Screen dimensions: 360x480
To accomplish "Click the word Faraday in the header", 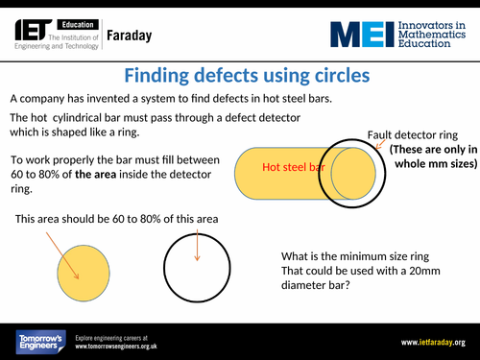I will [x=130, y=37].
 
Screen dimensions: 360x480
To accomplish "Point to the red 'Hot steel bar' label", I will [x=294, y=168].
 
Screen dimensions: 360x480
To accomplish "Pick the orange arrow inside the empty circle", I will [x=196, y=245].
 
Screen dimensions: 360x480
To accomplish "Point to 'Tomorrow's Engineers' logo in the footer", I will [x=38, y=343].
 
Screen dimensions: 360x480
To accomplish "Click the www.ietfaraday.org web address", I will [x=432, y=343].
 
